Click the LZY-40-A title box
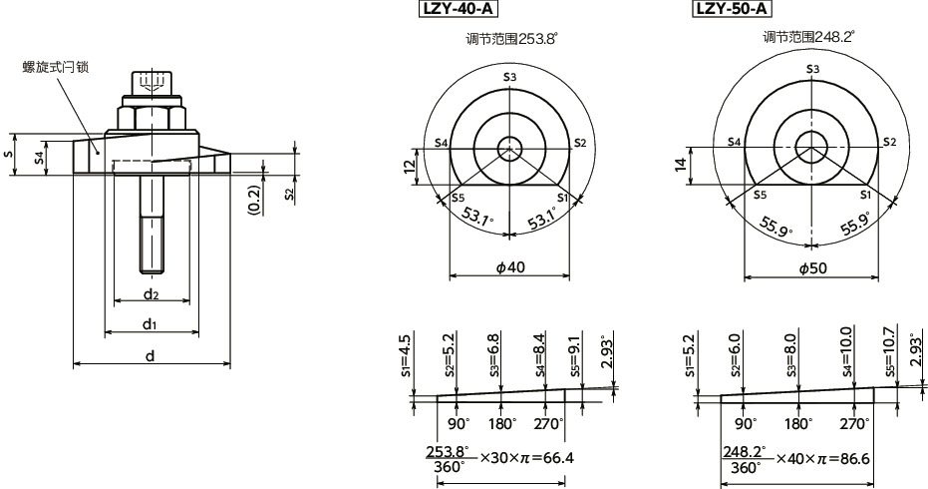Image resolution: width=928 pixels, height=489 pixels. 460,10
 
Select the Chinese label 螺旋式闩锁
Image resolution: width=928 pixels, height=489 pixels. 57,67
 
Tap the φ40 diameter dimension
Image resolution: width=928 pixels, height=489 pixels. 509,267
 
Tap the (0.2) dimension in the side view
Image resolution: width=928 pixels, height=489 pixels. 254,199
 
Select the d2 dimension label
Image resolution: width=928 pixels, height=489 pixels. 152,293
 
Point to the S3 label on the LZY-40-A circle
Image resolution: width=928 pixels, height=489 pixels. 509,77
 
